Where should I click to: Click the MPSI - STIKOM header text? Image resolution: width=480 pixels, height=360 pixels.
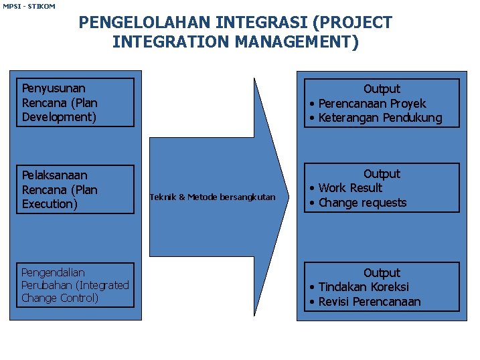pyautogui.click(x=29, y=6)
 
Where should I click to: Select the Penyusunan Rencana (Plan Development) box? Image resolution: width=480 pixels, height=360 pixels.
pyautogui.click(x=76, y=102)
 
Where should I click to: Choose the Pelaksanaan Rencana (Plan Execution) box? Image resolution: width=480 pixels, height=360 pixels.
pyautogui.click(x=76, y=189)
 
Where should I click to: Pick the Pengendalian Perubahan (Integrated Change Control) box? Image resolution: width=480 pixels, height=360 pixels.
pyautogui.click(x=76, y=285)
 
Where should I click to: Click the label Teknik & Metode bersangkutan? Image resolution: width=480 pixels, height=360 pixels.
pyautogui.click(x=212, y=197)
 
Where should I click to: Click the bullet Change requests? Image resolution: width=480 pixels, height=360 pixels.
pyautogui.click(x=362, y=202)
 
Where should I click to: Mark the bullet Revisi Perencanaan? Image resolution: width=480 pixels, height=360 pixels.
pyautogui.click(x=370, y=302)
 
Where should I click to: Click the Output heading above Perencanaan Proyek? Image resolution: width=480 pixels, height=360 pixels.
pyautogui.click(x=382, y=88)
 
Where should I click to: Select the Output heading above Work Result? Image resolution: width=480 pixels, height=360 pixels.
pyautogui.click(x=382, y=173)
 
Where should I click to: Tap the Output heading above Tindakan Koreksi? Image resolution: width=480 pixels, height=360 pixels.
pyautogui.click(x=382, y=272)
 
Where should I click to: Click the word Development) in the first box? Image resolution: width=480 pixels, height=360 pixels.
pyautogui.click(x=60, y=117)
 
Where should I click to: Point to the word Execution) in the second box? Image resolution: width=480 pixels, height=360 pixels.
pyautogui.click(x=50, y=204)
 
